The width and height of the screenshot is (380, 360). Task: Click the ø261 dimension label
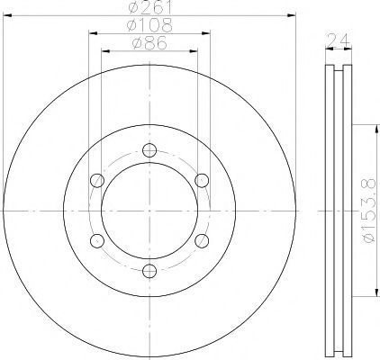tap(150, 6)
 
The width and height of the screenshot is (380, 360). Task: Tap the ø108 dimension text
tap(149, 25)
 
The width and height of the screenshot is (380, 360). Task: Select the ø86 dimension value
tap(149, 43)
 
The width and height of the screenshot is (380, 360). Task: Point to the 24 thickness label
tap(339, 40)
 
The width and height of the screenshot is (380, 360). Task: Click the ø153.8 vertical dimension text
tap(369, 211)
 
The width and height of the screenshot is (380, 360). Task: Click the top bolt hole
tap(149, 150)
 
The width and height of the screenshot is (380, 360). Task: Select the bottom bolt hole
tap(149, 271)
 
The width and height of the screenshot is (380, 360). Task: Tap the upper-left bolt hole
tap(97, 181)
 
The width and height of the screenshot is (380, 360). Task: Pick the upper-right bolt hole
tap(202, 181)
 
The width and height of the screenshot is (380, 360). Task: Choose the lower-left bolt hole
tap(97, 241)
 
